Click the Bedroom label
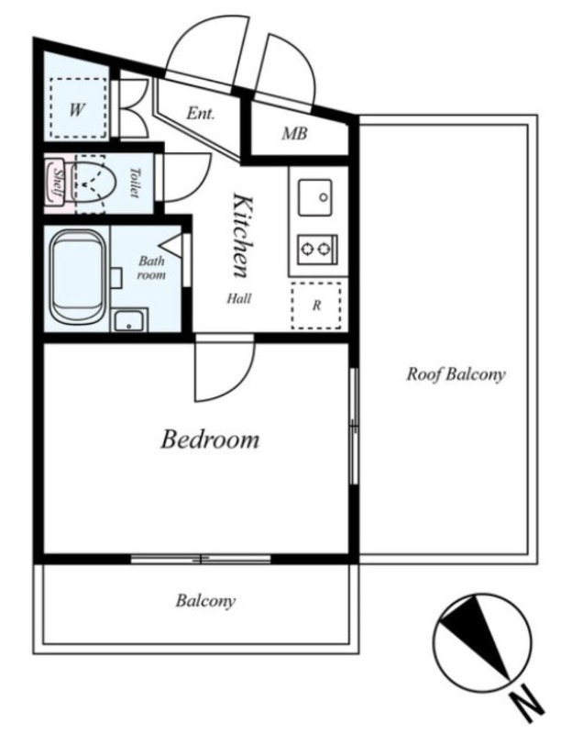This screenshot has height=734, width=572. click(210, 439)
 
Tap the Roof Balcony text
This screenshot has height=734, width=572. click(456, 374)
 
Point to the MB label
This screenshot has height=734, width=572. click(294, 134)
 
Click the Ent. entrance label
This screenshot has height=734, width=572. click(200, 113)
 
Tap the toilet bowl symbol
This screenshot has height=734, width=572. click(93, 184)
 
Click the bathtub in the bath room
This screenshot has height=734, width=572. click(77, 277)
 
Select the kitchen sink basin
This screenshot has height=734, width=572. click(315, 197)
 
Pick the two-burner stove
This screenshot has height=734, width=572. click(317, 250)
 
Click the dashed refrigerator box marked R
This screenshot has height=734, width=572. click(315, 306)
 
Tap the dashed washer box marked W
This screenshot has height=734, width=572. click(78, 108)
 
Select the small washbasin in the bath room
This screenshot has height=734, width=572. click(130, 320)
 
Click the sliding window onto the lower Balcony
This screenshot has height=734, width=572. click(201, 559)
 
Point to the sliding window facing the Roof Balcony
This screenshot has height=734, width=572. click(354, 426)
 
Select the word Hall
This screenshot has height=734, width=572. click(239, 298)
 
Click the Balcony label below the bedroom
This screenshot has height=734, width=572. click(205, 601)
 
